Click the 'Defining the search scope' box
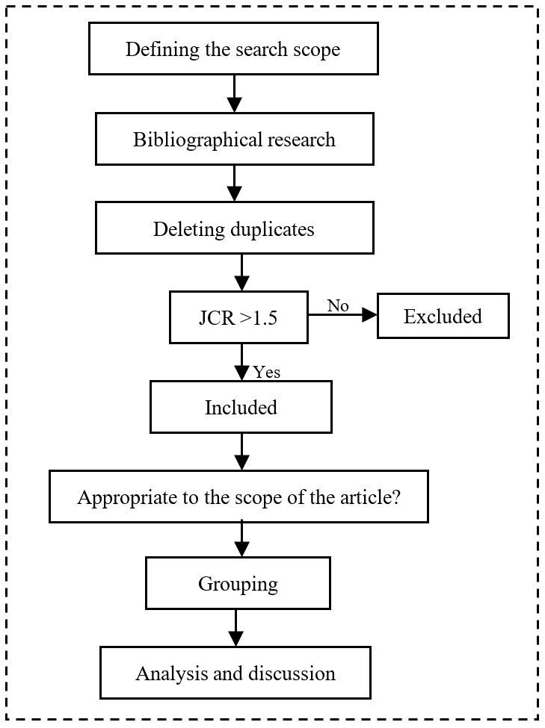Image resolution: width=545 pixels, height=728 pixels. click(233, 49)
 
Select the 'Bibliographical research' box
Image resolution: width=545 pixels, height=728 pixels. click(234, 139)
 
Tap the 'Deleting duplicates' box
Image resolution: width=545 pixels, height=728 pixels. click(234, 228)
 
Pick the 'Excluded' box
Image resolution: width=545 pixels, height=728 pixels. click(443, 316)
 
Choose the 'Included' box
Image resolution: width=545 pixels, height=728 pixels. click(241, 407)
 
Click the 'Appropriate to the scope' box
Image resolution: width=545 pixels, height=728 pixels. click(238, 497)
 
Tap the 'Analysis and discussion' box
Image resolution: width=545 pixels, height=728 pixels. click(235, 673)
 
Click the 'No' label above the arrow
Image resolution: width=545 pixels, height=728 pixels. click(338, 305)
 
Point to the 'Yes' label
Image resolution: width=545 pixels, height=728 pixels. click(267, 371)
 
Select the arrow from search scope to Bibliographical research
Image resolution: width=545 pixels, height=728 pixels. click(235, 93)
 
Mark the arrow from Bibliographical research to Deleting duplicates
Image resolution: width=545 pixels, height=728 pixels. click(235, 183)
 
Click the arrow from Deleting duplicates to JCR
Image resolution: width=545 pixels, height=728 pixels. click(241, 273)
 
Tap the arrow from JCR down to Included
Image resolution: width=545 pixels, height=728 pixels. click(241, 362)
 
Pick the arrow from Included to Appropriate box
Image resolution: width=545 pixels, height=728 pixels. click(241, 451)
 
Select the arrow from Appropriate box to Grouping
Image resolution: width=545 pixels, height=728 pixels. click(241, 538)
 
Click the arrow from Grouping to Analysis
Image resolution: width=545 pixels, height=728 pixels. click(236, 627)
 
